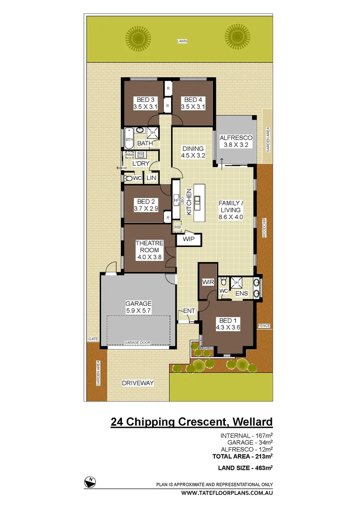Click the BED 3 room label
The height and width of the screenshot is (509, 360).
145,103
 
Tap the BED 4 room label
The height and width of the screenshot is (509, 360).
193,103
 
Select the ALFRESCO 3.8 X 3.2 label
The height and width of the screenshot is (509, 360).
237,141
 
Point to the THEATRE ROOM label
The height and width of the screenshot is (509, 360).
149,250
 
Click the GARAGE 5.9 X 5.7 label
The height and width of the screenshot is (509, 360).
138,307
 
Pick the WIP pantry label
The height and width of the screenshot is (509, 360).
188,240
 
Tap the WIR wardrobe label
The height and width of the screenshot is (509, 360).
208,282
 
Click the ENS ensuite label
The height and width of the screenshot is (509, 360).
242,293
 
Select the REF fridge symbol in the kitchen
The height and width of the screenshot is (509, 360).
178,227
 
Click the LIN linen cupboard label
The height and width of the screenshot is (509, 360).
151,178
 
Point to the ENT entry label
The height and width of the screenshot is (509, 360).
189,311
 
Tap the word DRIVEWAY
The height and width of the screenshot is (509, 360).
138,383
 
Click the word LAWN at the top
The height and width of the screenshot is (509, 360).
182,41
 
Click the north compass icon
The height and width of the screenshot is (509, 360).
90,481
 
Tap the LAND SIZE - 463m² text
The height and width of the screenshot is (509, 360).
245,468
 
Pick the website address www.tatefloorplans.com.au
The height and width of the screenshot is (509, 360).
228,493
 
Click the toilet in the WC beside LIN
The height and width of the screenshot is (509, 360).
128,178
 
